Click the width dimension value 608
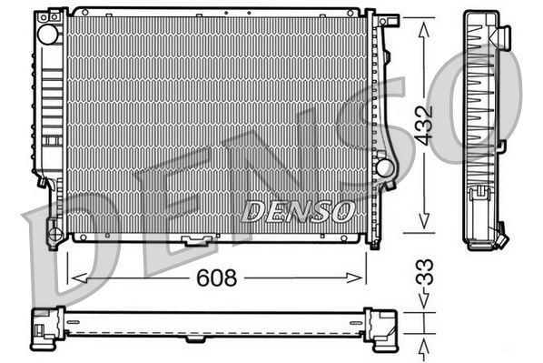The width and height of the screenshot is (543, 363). (216, 278)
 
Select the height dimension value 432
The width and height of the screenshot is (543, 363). (424, 125)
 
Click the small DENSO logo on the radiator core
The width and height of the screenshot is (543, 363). (298, 212)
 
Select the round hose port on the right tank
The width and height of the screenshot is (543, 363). (385, 167)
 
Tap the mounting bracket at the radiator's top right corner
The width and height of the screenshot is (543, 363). (387, 19)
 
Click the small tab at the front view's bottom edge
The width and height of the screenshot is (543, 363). (194, 241)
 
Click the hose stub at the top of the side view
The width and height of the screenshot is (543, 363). (502, 35)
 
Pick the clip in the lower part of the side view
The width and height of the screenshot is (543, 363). (478, 193)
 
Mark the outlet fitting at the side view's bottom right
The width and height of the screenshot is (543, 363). (501, 238)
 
